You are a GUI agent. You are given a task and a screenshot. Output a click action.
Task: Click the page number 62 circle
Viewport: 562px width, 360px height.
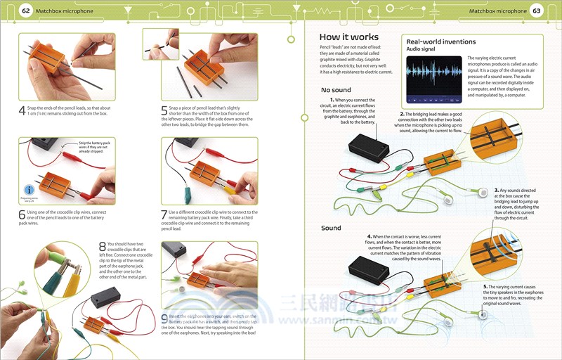(x=26, y=11)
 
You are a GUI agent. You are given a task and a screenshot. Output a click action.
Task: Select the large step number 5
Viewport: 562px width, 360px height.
(x=164, y=110)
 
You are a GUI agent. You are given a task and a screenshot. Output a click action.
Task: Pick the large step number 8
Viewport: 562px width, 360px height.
(x=103, y=247)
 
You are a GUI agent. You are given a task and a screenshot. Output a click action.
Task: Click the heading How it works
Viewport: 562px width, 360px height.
(x=348, y=37)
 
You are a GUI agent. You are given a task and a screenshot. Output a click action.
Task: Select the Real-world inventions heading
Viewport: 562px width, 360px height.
(x=440, y=42)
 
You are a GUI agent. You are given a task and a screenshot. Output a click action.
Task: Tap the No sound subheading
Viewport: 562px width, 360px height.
(x=336, y=90)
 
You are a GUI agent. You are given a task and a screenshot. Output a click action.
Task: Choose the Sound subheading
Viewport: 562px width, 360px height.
(x=331, y=228)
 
